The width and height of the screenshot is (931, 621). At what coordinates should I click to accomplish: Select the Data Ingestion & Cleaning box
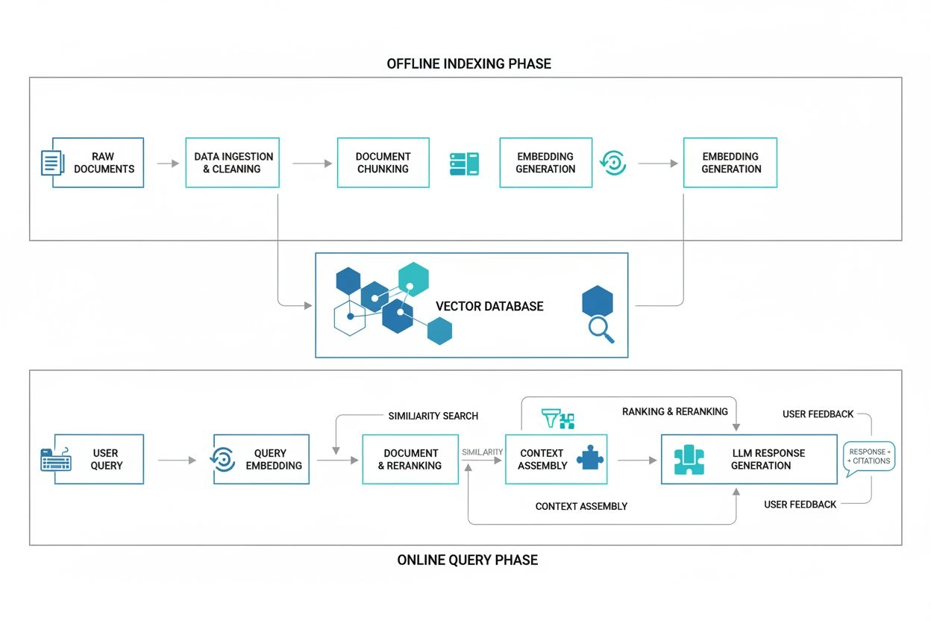pyautogui.click(x=233, y=163)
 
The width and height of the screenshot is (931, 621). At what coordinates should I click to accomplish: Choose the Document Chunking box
pyautogui.click(x=383, y=163)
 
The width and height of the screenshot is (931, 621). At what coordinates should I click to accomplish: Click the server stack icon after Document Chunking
pyautogui.click(x=464, y=164)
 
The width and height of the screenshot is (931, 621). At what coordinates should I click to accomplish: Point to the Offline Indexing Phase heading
pyautogui.click(x=468, y=63)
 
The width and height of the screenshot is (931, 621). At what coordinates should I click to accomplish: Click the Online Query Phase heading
pyautogui.click(x=467, y=560)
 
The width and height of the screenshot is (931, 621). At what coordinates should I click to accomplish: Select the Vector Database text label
pyautogui.click(x=489, y=306)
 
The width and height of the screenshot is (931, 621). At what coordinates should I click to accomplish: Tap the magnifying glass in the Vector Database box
pyautogui.click(x=601, y=329)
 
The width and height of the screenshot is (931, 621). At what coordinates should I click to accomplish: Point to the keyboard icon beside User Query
pyautogui.click(x=55, y=459)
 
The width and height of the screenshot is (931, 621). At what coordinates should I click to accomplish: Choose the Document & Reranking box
pyautogui.click(x=410, y=459)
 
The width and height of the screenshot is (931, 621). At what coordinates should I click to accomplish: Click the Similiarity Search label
pyautogui.click(x=433, y=416)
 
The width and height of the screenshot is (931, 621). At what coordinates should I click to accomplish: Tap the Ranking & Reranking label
pyautogui.click(x=674, y=411)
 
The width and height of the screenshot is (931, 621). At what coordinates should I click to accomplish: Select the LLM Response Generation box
pyautogui.click(x=749, y=459)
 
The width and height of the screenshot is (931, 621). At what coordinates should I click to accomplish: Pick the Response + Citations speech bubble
pyautogui.click(x=868, y=457)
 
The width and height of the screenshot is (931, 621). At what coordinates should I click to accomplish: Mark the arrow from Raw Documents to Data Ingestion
pyautogui.click(x=168, y=163)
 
